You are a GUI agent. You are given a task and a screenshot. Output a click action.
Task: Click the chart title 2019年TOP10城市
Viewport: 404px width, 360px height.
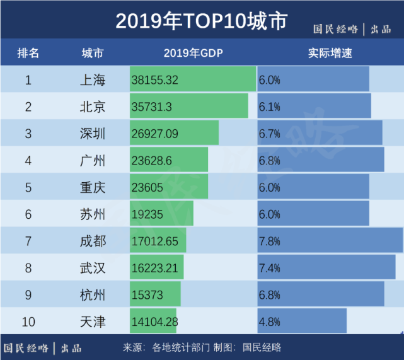[x=201, y=21]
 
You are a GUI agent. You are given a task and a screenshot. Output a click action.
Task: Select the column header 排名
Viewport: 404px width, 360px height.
[x=28, y=53]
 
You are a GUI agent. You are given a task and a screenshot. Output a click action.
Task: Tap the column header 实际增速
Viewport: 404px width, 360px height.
[x=330, y=53]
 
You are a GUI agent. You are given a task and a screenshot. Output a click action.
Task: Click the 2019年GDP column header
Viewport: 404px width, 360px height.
[x=193, y=53]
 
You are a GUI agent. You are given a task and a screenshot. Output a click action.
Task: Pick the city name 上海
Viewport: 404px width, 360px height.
[x=93, y=80]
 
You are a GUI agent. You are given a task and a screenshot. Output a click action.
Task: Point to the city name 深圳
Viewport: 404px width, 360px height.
[x=93, y=134]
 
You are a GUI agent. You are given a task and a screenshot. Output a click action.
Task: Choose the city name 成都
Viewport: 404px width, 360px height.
[x=93, y=241]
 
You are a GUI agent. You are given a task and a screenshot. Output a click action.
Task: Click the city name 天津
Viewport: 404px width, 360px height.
[x=93, y=322]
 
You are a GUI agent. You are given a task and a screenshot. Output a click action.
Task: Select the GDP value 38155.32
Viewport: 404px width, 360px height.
[x=155, y=80]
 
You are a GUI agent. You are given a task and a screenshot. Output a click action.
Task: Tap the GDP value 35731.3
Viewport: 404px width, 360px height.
[x=151, y=107]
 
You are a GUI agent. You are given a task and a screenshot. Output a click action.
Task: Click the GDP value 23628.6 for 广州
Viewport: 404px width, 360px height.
[x=152, y=161]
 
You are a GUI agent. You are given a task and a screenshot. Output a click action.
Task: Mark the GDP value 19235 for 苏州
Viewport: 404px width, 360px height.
[x=147, y=214]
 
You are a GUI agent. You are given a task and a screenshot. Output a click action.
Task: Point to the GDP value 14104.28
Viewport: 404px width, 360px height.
[x=155, y=322]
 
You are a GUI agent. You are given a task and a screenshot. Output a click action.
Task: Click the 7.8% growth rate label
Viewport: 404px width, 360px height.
[x=269, y=241]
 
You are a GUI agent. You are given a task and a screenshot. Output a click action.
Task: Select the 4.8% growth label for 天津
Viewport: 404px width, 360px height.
[x=269, y=322]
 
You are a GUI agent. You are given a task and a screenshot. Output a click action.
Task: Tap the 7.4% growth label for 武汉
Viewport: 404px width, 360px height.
[x=269, y=269]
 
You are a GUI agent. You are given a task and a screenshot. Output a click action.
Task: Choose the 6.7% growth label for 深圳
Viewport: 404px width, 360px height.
[x=269, y=134]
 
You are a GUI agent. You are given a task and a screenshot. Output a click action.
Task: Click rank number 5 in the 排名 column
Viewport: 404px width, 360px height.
[x=28, y=188]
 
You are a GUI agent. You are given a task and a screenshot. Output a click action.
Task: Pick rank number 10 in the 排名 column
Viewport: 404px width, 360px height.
[x=28, y=322]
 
